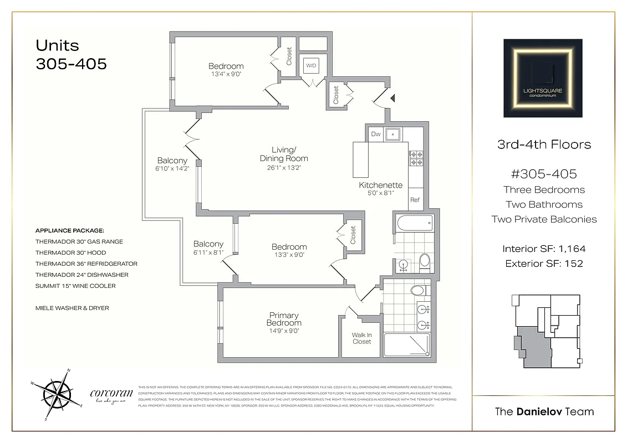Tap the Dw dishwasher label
coord(375,133)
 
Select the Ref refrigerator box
coord(415,200)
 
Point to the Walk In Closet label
coord(361,338)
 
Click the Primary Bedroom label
coord(284,319)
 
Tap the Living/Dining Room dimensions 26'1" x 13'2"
coord(284,168)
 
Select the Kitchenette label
coord(380,185)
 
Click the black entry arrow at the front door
coord(393,98)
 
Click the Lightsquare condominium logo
coord(543,78)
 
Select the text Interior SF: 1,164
coord(544,249)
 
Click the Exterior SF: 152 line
coord(544,264)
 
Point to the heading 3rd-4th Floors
coord(544,145)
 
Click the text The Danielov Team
coord(544,411)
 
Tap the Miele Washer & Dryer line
coord(72,308)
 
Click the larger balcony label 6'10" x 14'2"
coord(173,168)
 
